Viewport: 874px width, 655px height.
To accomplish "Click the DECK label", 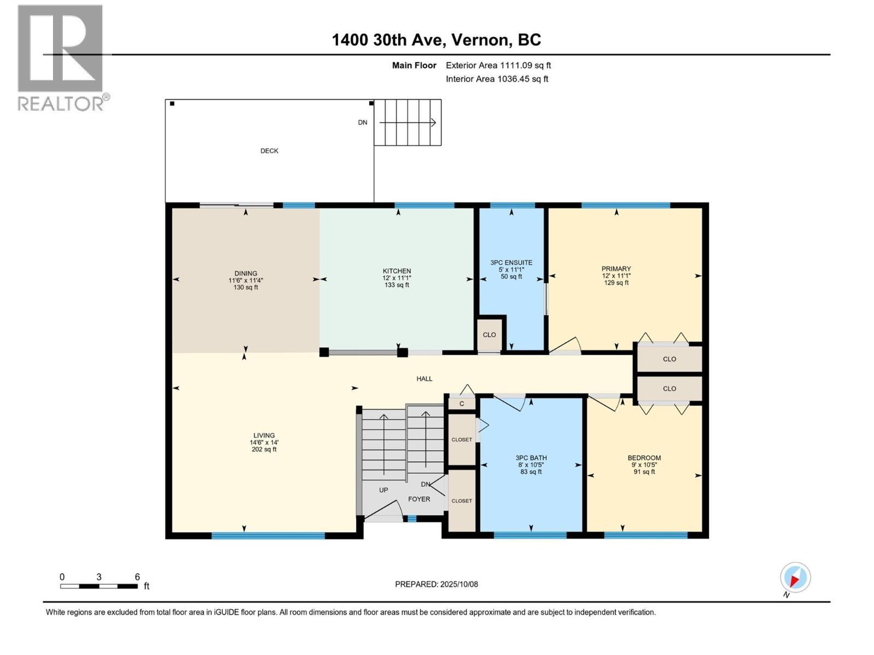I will pos(269,151).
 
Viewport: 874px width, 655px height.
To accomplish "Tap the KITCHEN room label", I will pos(397,271).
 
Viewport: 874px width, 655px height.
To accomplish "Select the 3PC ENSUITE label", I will pos(511,263).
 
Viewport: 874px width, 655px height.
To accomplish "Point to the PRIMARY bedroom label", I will pos(616,269).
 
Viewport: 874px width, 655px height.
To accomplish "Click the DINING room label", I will pos(246,273).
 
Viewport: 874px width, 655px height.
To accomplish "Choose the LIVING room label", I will pos(264,436).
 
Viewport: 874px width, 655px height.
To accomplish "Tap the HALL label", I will pos(424,378).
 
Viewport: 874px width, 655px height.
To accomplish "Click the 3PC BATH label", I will pos(531,458).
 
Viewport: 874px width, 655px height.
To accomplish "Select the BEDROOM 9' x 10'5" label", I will pos(644,458).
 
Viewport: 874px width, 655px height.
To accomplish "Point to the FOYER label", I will pos(419,499).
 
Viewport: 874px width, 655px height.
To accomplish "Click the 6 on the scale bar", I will pos(138,577).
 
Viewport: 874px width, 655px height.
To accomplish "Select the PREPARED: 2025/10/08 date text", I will pos(436,584).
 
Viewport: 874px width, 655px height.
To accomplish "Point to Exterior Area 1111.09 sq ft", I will pos(498,65).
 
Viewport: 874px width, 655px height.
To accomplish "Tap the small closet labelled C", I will pos(462,404).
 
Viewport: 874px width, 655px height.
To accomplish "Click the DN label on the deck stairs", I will pos(363,122).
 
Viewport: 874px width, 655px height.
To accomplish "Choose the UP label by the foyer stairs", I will pos(383,490).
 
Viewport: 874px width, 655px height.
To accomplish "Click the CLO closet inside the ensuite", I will pos(489,335).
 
